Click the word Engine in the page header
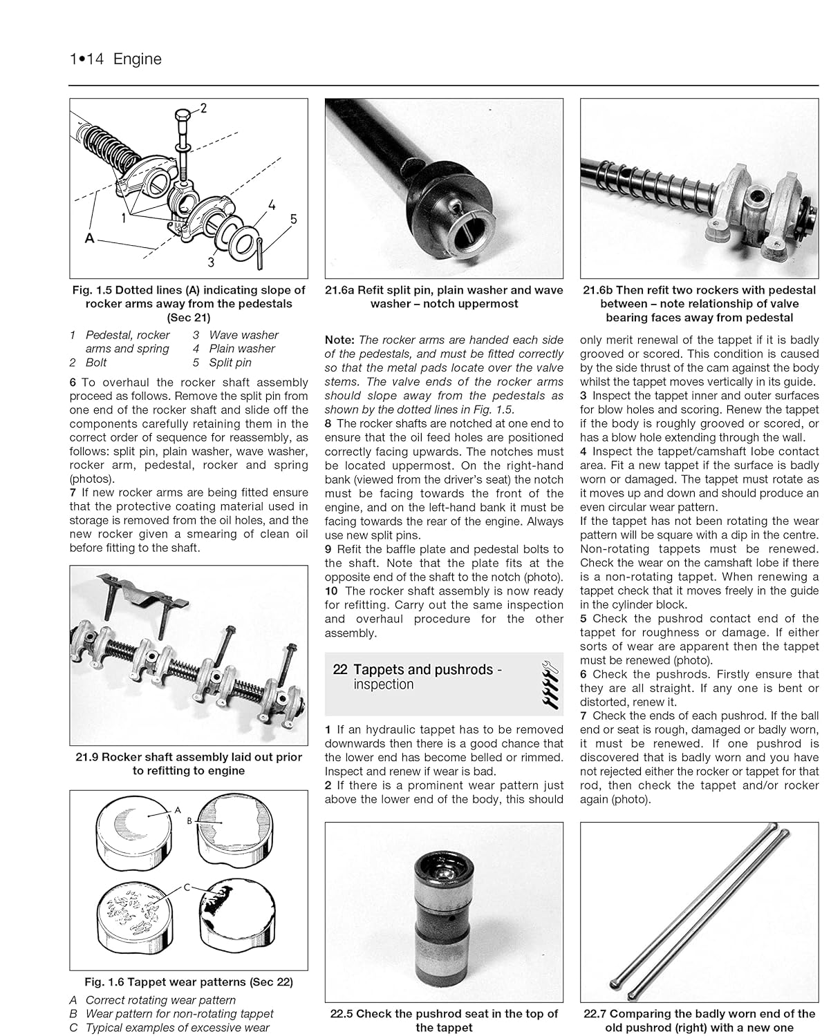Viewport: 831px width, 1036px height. [x=138, y=59]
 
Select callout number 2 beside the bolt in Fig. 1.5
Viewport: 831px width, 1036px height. [x=203, y=108]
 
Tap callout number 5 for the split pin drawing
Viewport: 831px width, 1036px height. [x=293, y=219]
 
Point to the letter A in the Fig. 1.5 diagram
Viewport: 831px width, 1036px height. [x=88, y=238]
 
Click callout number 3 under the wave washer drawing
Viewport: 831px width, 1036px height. [x=212, y=262]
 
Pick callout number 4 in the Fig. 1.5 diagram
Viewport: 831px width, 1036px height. [x=272, y=205]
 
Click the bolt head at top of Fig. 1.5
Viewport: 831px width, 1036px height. [x=183, y=116]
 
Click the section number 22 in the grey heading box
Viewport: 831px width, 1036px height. [x=339, y=669]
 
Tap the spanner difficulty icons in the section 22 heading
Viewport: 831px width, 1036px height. [x=546, y=684]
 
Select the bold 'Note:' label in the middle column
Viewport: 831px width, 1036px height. [x=339, y=340]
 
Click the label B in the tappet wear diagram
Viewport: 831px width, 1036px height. [x=189, y=821]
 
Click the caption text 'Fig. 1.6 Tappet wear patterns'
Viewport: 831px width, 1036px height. [x=188, y=981]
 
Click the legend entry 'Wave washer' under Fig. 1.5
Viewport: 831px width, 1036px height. [x=243, y=335]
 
